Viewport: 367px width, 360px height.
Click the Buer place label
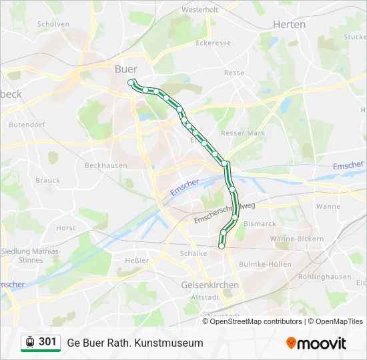pyautogui.click(x=126, y=69)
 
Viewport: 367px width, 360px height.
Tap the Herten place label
pyautogui.click(x=289, y=25)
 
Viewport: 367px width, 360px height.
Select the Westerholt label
pyautogui.click(x=200, y=10)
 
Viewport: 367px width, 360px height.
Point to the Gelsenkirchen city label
pyautogui.click(x=210, y=285)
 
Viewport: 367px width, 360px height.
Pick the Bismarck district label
pyautogui.click(x=260, y=223)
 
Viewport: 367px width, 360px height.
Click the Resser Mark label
pyautogui.click(x=242, y=133)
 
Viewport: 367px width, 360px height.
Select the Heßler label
pyautogui.click(x=137, y=260)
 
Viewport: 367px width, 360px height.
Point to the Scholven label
pyautogui.click(x=53, y=24)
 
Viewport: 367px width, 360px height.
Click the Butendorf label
pyautogui.click(x=26, y=124)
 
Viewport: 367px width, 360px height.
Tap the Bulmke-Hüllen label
pyautogui.click(x=268, y=264)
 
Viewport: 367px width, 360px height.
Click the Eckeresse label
pyautogui.click(x=213, y=43)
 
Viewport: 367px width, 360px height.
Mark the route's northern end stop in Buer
pyautogui.click(x=131, y=82)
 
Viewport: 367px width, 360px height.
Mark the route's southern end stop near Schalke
pyautogui.click(x=222, y=247)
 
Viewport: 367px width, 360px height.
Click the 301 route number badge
pyautogui.click(x=47, y=342)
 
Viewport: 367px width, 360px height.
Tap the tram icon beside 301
pyautogui.click(x=30, y=343)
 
